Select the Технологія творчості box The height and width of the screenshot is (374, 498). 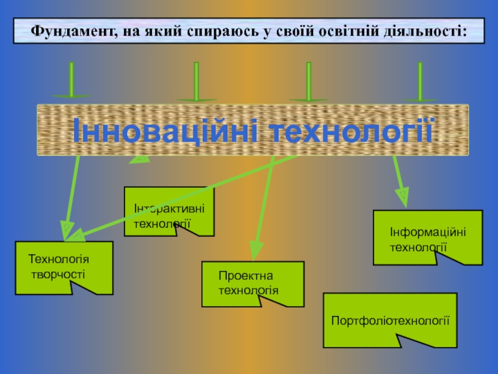coord(63,267)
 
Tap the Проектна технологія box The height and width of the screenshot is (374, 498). coord(253,284)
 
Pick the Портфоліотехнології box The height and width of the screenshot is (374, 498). coord(390,320)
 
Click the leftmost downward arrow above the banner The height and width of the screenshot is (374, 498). coord(72,81)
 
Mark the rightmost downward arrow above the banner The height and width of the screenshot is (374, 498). coord(420,82)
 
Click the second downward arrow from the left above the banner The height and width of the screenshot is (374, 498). coord(196,82)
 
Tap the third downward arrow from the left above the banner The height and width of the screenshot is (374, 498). coord(308,82)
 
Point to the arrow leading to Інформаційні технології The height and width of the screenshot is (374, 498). coord(399,181)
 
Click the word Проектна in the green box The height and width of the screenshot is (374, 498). coord(237,276)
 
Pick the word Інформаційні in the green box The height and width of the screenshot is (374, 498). coord(427,232)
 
